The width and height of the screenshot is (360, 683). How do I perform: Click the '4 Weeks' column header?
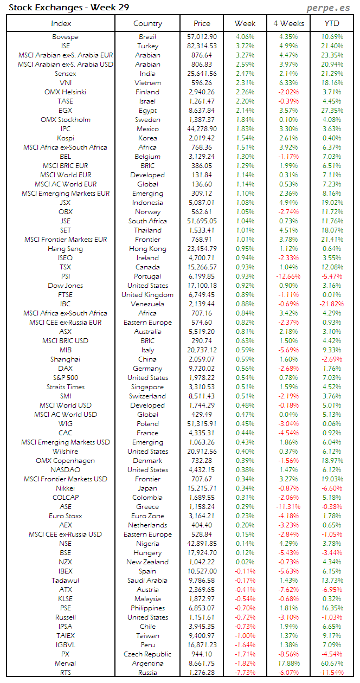tap(288, 23)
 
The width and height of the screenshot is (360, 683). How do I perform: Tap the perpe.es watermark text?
tap(329, 8)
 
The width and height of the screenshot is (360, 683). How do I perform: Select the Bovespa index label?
tap(65, 37)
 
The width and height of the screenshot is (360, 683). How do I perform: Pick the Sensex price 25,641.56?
tap(201, 74)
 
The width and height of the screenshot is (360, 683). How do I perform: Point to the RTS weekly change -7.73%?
tap(245, 673)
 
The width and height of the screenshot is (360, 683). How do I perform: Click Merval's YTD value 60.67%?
tap(332, 663)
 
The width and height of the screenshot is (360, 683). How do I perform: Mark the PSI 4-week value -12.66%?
tap(288, 276)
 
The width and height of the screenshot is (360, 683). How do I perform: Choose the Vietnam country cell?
tap(147, 83)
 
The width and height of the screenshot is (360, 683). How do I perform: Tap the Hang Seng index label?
tap(65, 249)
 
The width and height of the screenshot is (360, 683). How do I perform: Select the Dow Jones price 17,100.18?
tap(201, 286)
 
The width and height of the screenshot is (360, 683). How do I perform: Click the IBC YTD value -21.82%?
tap(331, 304)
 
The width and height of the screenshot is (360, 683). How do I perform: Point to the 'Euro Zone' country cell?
tap(147, 516)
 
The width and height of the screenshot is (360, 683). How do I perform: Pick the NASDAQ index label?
tap(65, 470)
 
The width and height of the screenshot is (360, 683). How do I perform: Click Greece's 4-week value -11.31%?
tap(288, 507)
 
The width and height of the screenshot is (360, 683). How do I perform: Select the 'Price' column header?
tap(202, 23)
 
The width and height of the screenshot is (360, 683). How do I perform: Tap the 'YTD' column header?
tap(332, 23)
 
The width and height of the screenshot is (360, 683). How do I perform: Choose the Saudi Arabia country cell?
tap(147, 581)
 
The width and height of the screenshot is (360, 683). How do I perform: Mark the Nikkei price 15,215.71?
tap(201, 488)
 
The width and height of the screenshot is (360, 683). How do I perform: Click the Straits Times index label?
tap(65, 387)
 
